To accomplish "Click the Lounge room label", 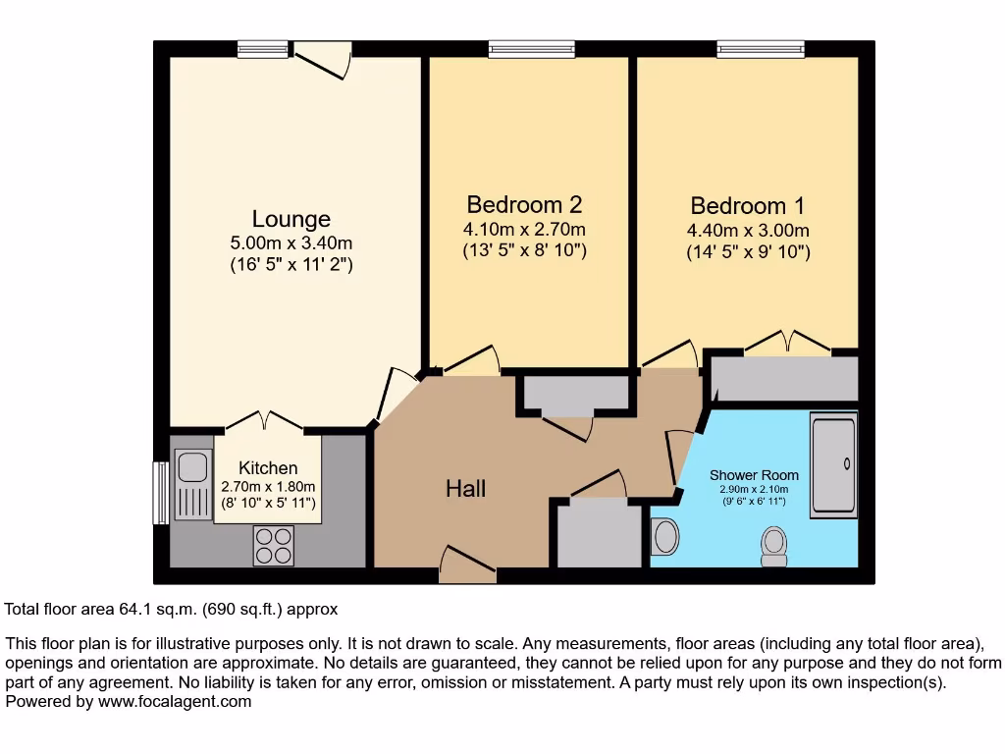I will [x=291, y=219].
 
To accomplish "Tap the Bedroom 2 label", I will [x=524, y=204].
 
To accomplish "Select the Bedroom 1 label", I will [x=748, y=206].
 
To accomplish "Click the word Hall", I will [x=465, y=488].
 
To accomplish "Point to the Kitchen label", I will [x=268, y=468].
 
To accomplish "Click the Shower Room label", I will [x=754, y=475].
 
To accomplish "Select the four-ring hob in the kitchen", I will [x=273, y=546].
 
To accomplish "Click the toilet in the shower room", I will [x=774, y=546].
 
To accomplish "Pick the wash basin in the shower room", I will [x=665, y=537].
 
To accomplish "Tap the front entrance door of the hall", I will [x=466, y=566].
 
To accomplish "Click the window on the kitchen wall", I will [x=160, y=493].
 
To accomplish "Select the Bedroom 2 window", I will [x=518, y=48].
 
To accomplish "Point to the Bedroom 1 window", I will [x=761, y=48].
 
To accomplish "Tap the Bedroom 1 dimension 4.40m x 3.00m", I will [x=748, y=231].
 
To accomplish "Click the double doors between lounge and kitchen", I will [x=265, y=423].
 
